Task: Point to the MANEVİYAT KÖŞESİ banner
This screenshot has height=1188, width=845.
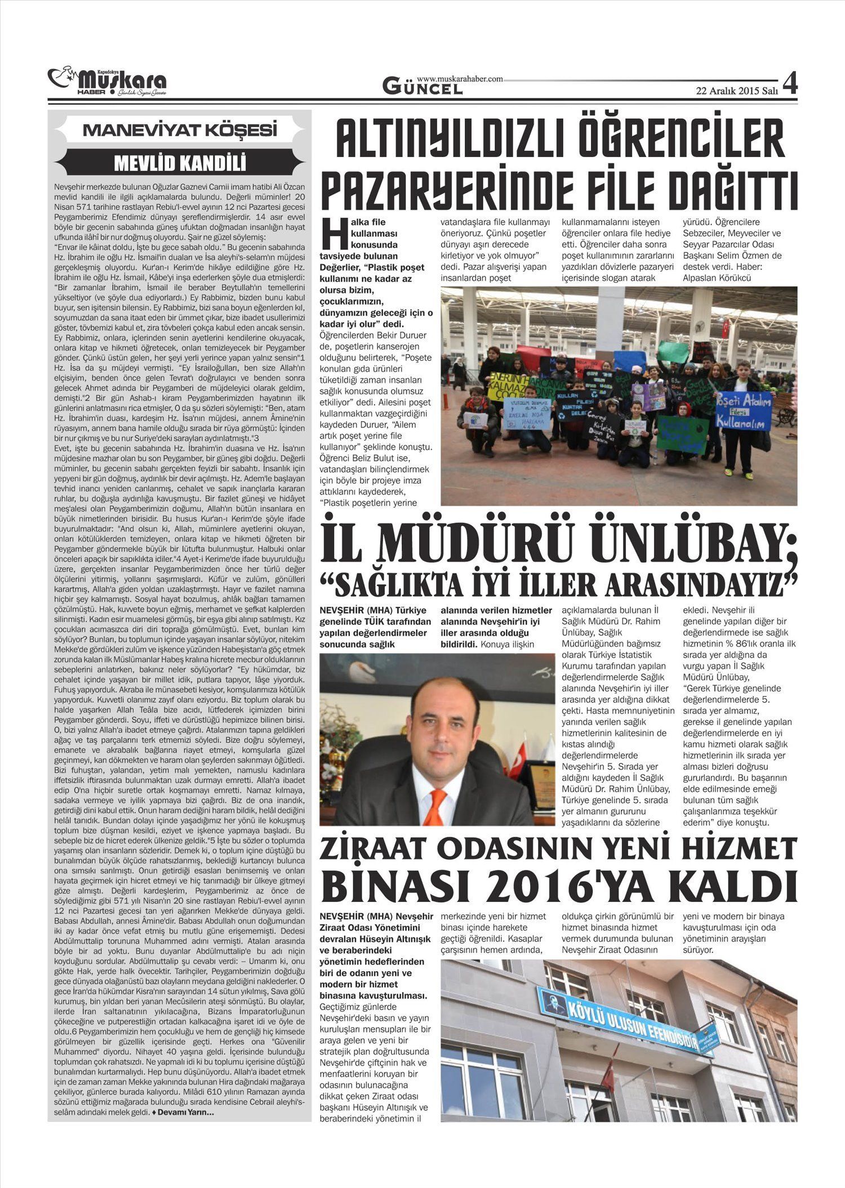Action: (180, 131)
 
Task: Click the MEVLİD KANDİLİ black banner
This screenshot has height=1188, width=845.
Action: (180, 163)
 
